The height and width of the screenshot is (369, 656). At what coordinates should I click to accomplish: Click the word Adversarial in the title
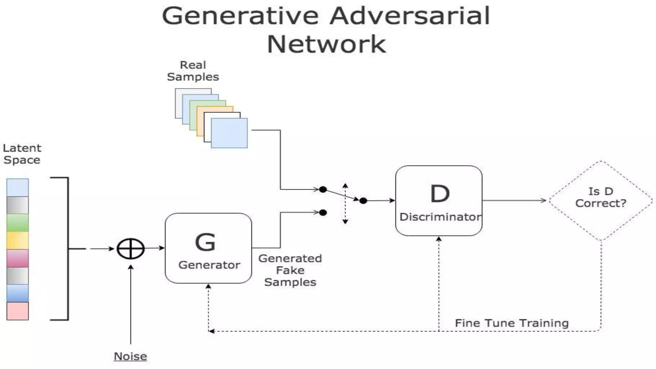coord(410,16)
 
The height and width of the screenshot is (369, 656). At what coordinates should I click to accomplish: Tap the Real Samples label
coord(193,71)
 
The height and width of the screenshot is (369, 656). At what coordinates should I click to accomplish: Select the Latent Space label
coord(22,154)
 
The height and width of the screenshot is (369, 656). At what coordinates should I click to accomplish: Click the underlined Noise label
coord(130,356)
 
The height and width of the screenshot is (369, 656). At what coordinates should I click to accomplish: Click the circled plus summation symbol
coord(131,249)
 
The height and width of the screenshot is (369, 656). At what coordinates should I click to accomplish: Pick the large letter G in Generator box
coord(205,242)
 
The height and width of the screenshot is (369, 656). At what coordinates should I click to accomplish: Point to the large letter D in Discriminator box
coord(440,193)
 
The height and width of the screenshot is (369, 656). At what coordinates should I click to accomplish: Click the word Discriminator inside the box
coord(440,217)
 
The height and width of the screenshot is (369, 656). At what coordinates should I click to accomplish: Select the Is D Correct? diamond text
coord(601,197)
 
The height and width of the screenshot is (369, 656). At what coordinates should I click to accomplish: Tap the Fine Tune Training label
coord(512,323)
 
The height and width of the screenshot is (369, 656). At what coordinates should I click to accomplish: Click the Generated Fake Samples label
coord(290,270)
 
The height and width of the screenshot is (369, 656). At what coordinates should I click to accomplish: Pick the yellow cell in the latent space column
coord(18,240)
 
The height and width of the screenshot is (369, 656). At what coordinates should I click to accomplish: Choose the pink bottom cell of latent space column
coord(18,311)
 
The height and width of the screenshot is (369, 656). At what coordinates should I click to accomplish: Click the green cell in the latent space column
coord(18,223)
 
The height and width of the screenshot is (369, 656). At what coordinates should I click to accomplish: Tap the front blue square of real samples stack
coord(229,133)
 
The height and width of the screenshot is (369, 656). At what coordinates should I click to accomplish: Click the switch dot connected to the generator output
coord(323,212)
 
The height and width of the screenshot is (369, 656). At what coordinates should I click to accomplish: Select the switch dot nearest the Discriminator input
coord(363,201)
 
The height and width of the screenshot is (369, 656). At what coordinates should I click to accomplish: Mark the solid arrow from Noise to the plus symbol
coord(131,304)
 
